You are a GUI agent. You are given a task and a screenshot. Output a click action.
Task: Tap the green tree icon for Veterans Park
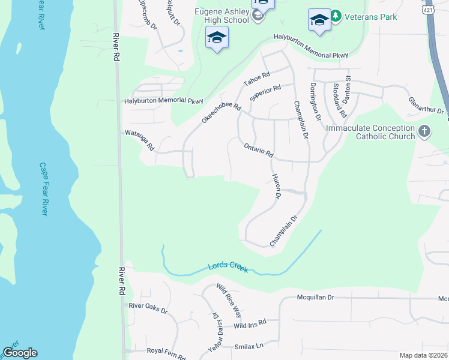[x=337, y=16]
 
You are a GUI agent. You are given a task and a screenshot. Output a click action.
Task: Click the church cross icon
[x=424, y=132]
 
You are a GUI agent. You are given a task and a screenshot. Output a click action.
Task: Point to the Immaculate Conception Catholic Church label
[x=370, y=132]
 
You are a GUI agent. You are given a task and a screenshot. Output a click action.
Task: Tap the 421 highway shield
[x=427, y=10]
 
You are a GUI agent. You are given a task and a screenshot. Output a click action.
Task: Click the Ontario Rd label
[x=259, y=149]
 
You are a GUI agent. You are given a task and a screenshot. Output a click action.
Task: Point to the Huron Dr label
[x=277, y=187]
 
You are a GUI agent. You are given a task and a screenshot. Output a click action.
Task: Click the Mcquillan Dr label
[x=324, y=297]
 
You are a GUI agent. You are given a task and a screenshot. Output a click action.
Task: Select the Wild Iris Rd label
[x=250, y=325]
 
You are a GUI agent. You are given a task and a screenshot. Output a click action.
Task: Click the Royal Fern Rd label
[x=166, y=353]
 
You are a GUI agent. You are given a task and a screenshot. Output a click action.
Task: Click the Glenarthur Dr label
[x=426, y=106]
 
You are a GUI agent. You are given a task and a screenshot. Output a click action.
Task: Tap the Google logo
[x=20, y=353]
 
